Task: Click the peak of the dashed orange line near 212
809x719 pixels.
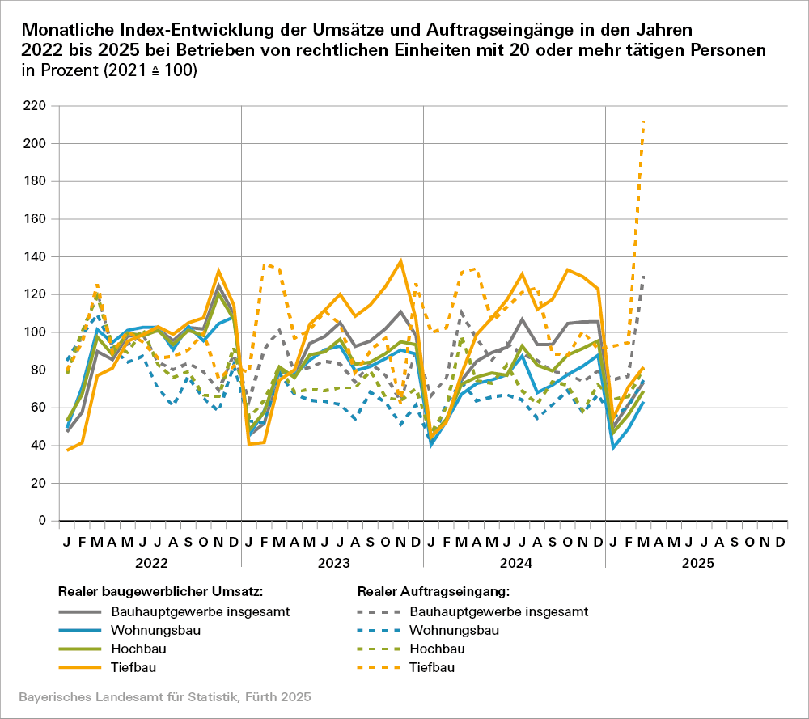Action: click(643, 121)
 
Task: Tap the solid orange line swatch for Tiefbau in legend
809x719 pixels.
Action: click(80, 668)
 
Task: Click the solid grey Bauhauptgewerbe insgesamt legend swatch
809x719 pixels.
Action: click(80, 611)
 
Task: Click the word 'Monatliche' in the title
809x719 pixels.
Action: click(69, 30)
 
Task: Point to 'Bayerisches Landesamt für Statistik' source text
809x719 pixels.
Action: click(121, 696)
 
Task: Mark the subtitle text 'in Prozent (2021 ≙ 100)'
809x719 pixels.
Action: click(110, 71)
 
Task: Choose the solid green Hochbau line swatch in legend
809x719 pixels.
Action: click(80, 649)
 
